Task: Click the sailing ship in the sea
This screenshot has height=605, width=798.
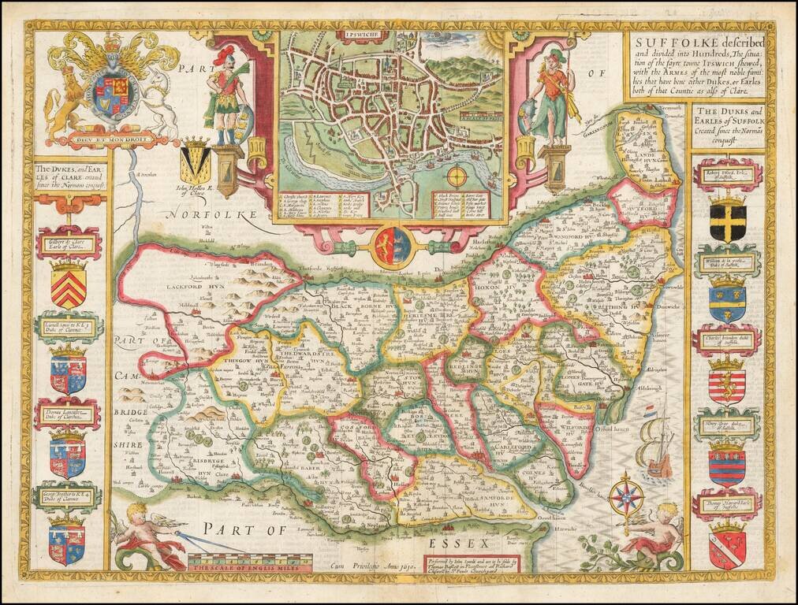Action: [x=658, y=446]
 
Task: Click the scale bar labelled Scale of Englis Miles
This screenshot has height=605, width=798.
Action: [x=249, y=562]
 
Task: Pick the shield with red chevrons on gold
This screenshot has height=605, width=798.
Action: [x=69, y=286]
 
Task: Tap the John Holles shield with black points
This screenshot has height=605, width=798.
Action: [x=195, y=161]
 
